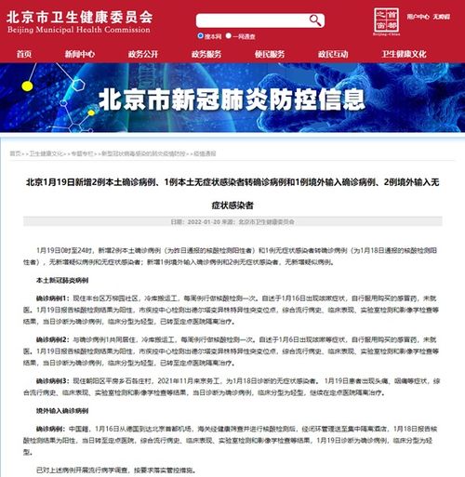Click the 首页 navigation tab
tap(24, 54)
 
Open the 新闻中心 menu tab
tap(79, 54)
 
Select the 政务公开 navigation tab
tap(142, 54)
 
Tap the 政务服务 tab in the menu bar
tap(206, 54)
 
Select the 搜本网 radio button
tap(200, 36)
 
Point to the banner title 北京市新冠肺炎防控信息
tap(232, 98)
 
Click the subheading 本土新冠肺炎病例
tap(62, 279)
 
